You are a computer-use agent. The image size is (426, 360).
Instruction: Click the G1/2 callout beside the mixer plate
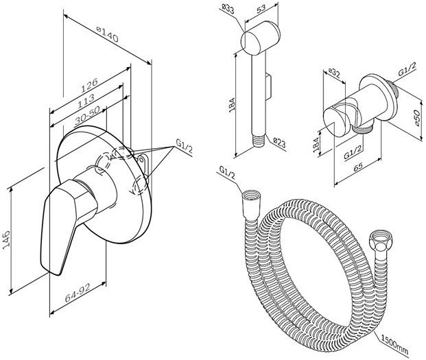pyautogui.click(x=184, y=145)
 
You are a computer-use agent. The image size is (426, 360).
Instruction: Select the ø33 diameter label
pyautogui.click(x=230, y=9)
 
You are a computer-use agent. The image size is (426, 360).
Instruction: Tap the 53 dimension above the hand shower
pyautogui.click(x=261, y=10)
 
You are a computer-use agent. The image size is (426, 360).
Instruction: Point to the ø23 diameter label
pyautogui.click(x=279, y=142)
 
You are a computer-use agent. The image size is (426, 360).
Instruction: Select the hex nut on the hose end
pyautogui.click(x=377, y=243)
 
